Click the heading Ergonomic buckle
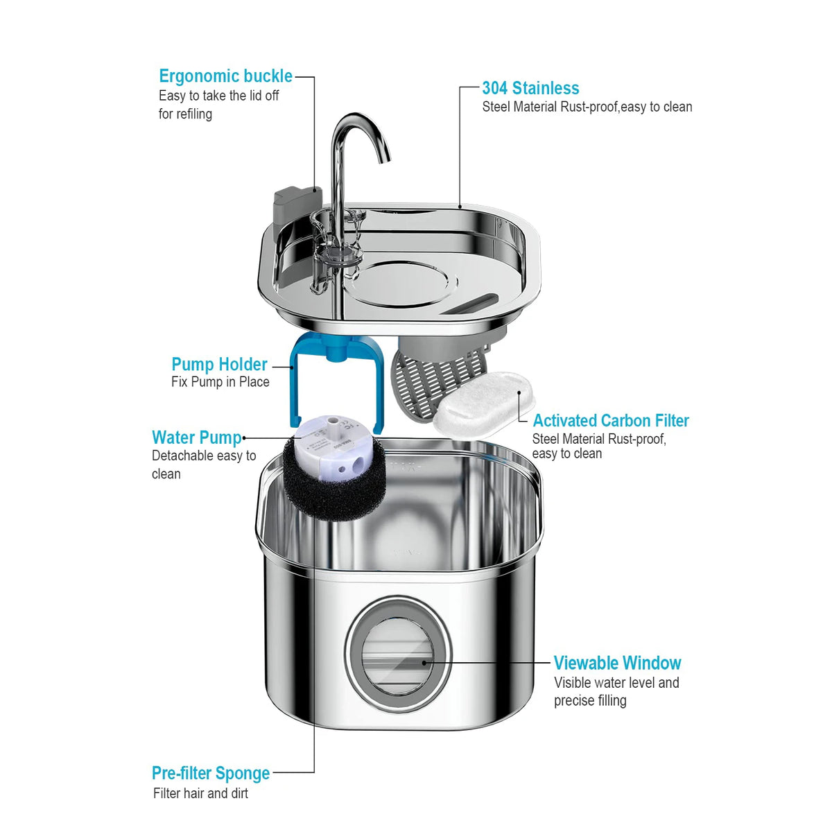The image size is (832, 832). pos(225,76)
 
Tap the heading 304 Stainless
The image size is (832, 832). pos(530,88)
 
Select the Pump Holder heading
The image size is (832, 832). pos(219,364)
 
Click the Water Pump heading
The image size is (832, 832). pos(197,437)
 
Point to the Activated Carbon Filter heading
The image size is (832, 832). pos(610,421)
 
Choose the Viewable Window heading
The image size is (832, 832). pos(617,663)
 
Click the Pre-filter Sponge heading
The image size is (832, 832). pos(211,773)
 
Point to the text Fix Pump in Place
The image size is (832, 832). pos(220,382)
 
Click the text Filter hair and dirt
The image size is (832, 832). pos(200,793)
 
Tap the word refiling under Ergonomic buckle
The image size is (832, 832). pos(194,114)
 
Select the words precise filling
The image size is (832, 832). pos(590,700)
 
